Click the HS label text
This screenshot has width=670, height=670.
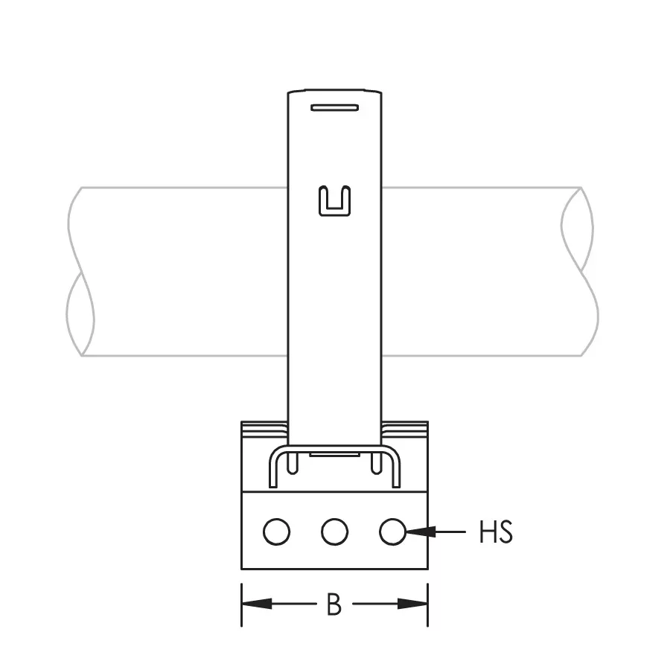pos(496,532)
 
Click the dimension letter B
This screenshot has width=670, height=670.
pos(334,604)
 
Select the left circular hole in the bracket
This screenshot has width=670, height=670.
pos(277,532)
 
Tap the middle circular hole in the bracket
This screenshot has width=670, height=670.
pos(334,532)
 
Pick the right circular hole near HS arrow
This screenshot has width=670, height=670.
pos(392,532)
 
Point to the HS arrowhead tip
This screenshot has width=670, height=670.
pos(406,532)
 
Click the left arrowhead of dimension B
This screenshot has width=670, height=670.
pos(257,604)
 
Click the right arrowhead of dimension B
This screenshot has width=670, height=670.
pos(412,604)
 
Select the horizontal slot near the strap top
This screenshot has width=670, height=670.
pos(334,108)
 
